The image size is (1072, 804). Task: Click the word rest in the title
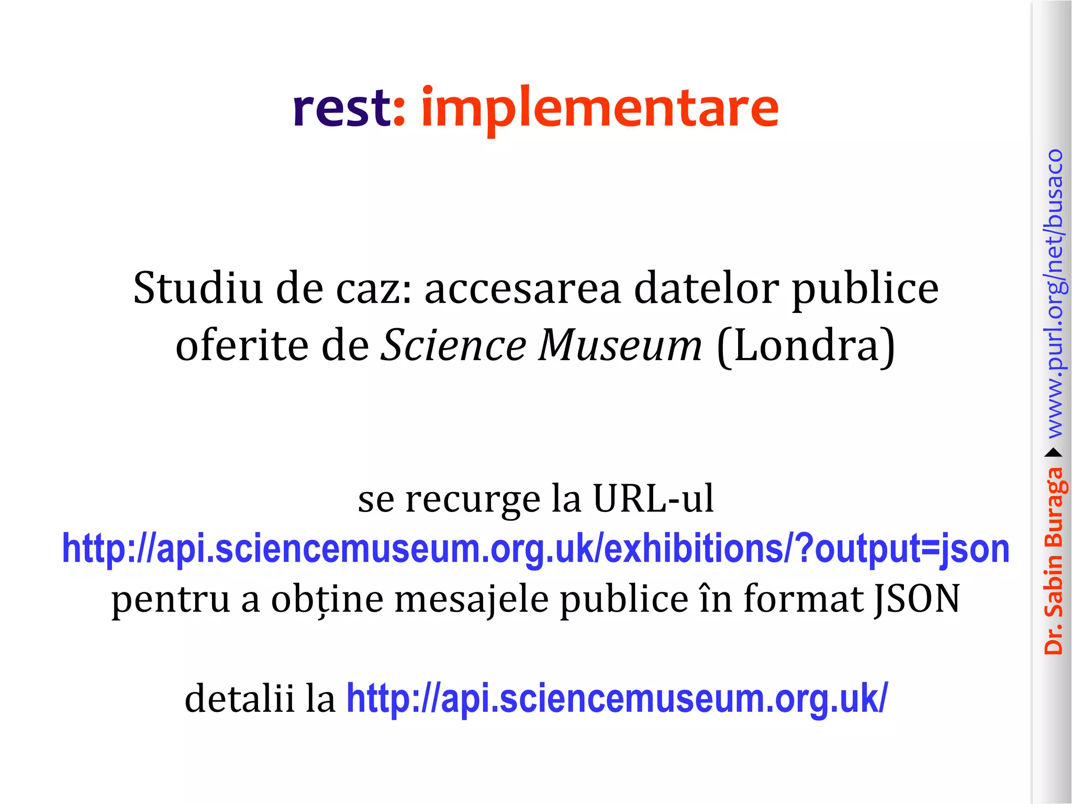pyautogui.click(x=341, y=108)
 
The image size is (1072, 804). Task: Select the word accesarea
pyautogui.click(x=522, y=289)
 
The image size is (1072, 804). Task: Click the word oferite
pyautogui.click(x=242, y=346)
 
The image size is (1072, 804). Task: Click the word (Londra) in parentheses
pyautogui.click(x=806, y=346)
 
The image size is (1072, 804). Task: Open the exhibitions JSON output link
pyautogui.click(x=535, y=549)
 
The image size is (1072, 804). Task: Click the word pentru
pyautogui.click(x=171, y=599)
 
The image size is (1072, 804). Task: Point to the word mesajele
pyautogui.click(x=471, y=599)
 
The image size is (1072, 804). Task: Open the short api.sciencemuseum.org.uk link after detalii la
pyautogui.click(x=617, y=699)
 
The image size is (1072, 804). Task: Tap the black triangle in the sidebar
pyautogui.click(x=1053, y=453)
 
